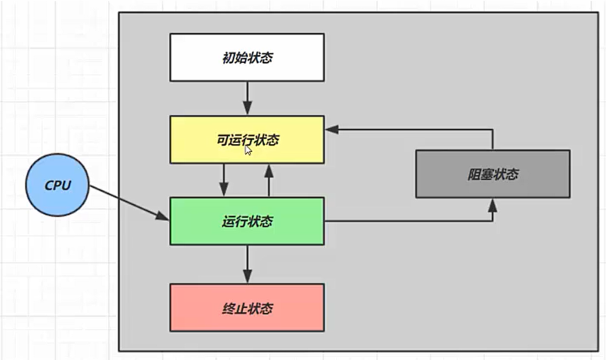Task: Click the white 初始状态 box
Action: click(x=247, y=57)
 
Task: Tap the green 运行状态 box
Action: click(x=247, y=221)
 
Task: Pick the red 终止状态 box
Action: click(x=247, y=307)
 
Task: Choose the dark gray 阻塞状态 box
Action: click(x=492, y=174)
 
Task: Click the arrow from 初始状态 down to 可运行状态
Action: click(x=247, y=98)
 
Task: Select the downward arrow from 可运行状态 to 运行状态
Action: click(x=224, y=180)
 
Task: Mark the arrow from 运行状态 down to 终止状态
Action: click(x=247, y=263)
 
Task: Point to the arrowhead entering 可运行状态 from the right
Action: click(x=331, y=129)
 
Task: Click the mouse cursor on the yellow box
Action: click(x=248, y=150)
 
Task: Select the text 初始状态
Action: click(x=247, y=58)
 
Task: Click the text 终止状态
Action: click(x=247, y=309)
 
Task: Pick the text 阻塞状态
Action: click(x=492, y=174)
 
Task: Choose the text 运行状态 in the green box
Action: click(x=247, y=222)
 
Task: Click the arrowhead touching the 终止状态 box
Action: click(x=247, y=278)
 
